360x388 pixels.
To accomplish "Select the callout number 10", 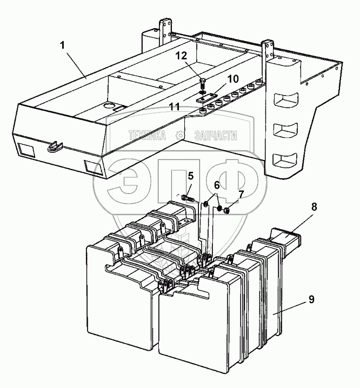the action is coord(233,79).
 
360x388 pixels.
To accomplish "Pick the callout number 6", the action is coord(217,184).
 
